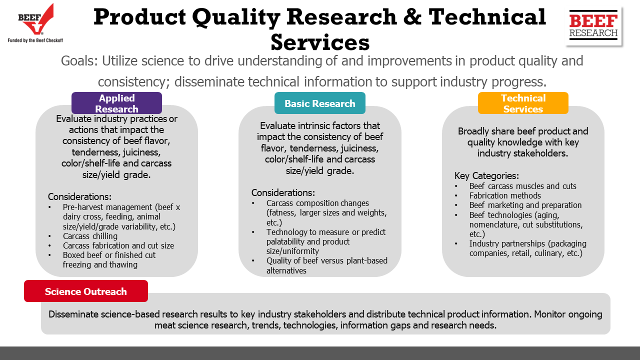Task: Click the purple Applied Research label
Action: coord(116,103)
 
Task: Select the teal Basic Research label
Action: coord(319,103)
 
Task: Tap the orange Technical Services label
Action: coord(523,103)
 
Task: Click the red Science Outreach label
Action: coord(86,291)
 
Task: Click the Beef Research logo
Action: coord(593,25)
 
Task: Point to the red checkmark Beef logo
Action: coord(36,19)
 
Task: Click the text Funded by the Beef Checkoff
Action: coord(35,40)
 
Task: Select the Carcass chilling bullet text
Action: coord(90,236)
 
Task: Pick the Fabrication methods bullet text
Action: coord(505,195)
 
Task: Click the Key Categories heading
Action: coord(486,175)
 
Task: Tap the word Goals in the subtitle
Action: coord(79,61)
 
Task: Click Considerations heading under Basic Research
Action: coord(283,193)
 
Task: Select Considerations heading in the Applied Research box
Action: coord(79,197)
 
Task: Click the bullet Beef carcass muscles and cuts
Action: coord(522,186)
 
